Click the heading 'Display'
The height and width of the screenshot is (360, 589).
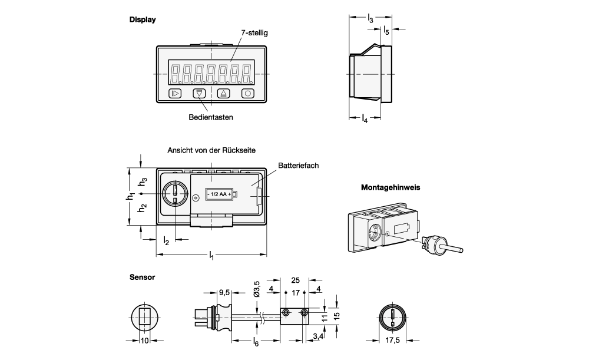[142, 19]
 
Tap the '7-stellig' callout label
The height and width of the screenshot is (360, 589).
[254, 33]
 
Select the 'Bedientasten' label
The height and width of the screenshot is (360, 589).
[210, 117]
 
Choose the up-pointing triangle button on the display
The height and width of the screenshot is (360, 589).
[223, 93]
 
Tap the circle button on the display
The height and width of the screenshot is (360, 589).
[248, 93]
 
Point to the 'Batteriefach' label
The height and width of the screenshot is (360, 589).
[299, 166]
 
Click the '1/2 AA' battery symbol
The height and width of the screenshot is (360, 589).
[220, 194]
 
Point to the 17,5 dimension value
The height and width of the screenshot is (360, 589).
[392, 340]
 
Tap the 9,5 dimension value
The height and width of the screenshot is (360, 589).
[224, 292]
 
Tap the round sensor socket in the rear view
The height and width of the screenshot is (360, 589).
[175, 193]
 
